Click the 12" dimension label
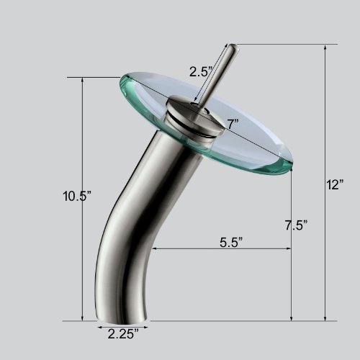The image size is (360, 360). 335,184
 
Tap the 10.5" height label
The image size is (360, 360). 77,196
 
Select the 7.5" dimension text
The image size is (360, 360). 296,225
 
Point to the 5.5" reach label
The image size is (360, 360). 231,242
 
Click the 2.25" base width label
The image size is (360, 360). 123,334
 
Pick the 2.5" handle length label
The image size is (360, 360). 201,71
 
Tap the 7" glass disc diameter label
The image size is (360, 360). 233,124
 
